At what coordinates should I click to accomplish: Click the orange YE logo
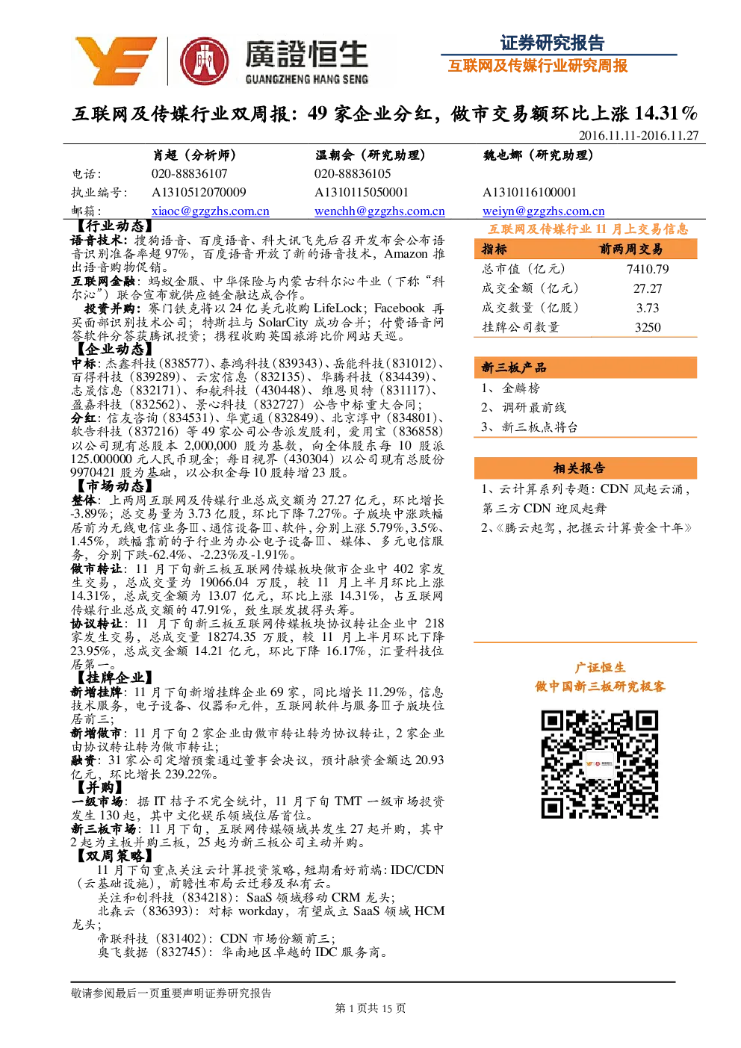[116, 61]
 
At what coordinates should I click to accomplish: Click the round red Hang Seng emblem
[205, 61]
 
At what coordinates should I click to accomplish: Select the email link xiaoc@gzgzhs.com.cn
[210, 211]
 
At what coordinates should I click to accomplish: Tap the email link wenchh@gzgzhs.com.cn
[379, 211]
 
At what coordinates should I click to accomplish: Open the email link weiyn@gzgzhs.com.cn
[543, 211]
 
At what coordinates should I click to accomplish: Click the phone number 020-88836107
[189, 173]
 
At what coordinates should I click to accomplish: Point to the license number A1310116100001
[529, 192]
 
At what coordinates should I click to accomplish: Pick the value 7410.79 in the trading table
[648, 269]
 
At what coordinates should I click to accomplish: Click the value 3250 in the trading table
[648, 327]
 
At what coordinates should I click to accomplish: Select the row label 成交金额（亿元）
[530, 288]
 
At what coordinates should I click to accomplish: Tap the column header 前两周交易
[630, 249]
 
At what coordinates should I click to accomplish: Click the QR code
[600, 764]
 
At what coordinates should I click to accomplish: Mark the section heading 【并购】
[98, 787]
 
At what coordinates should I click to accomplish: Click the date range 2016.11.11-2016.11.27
[639, 135]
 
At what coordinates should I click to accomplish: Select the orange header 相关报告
[579, 468]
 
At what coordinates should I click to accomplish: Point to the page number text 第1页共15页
[370, 1008]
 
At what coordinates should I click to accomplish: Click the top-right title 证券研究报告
[553, 43]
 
